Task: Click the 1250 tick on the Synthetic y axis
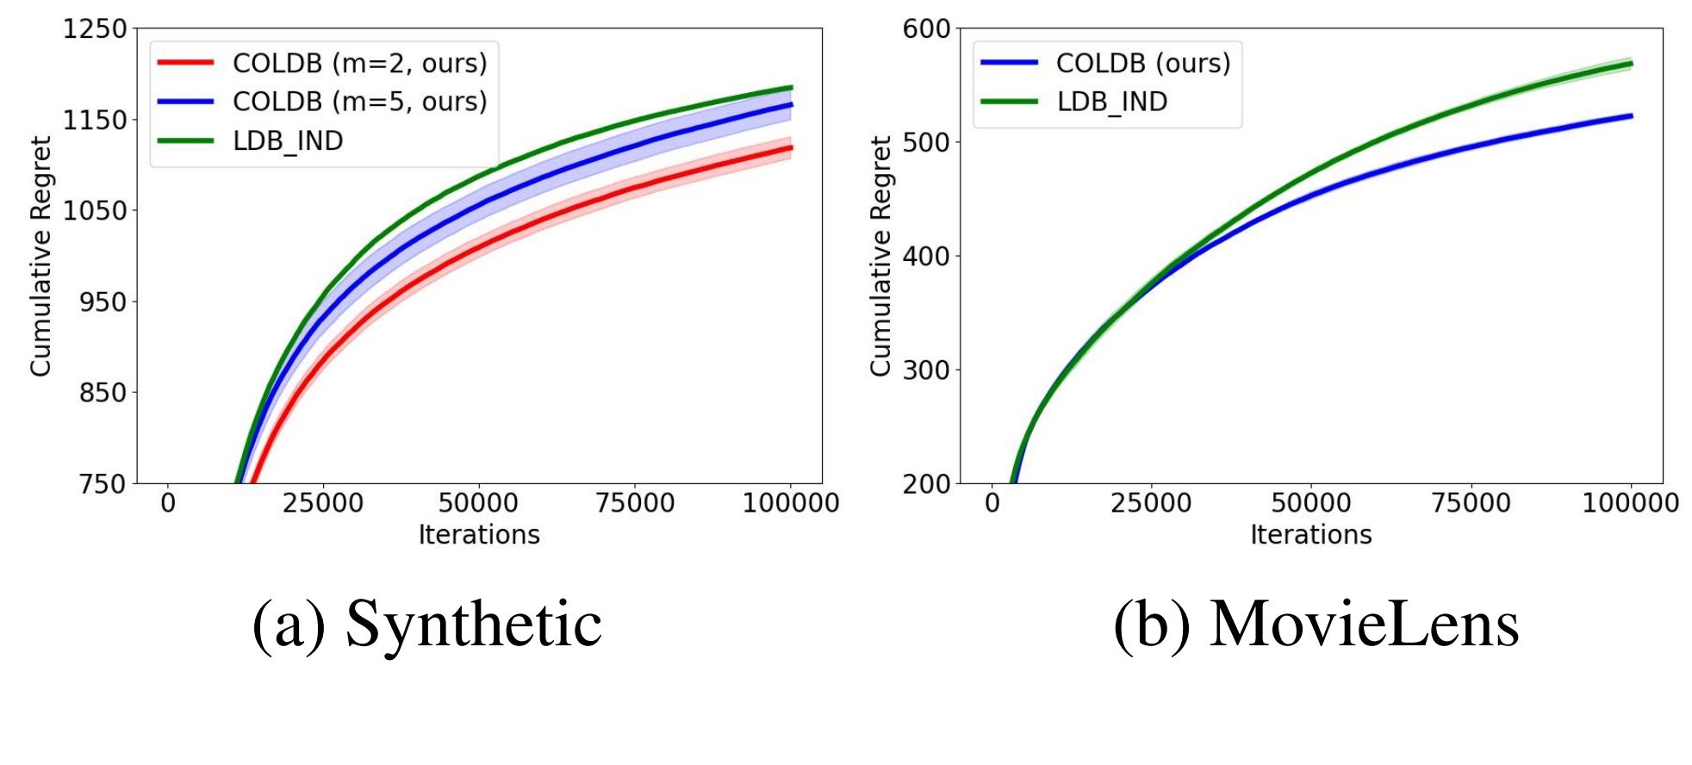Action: pos(95,29)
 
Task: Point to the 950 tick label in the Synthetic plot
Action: pos(103,302)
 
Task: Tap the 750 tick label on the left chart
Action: pos(103,484)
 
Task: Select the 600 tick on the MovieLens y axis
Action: pos(926,29)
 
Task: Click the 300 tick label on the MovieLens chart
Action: pos(926,370)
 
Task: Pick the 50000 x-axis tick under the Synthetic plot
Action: pos(478,503)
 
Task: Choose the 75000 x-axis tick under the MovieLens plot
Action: pos(1471,503)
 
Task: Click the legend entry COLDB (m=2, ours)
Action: pos(359,63)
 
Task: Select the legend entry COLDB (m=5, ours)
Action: pos(359,102)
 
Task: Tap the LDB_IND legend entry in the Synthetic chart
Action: pos(288,140)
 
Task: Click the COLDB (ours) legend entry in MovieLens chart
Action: pos(1143,63)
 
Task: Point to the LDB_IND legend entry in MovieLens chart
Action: pos(1111,102)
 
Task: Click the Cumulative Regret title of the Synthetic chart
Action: pos(40,256)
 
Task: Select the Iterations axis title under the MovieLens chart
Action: pos(1310,535)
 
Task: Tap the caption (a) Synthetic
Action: pos(427,624)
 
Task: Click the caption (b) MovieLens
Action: pos(1316,624)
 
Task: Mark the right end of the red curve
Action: pos(791,148)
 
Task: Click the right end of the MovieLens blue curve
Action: pos(1632,115)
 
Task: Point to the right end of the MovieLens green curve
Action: pos(1632,63)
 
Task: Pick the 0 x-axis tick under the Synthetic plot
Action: pos(168,503)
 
